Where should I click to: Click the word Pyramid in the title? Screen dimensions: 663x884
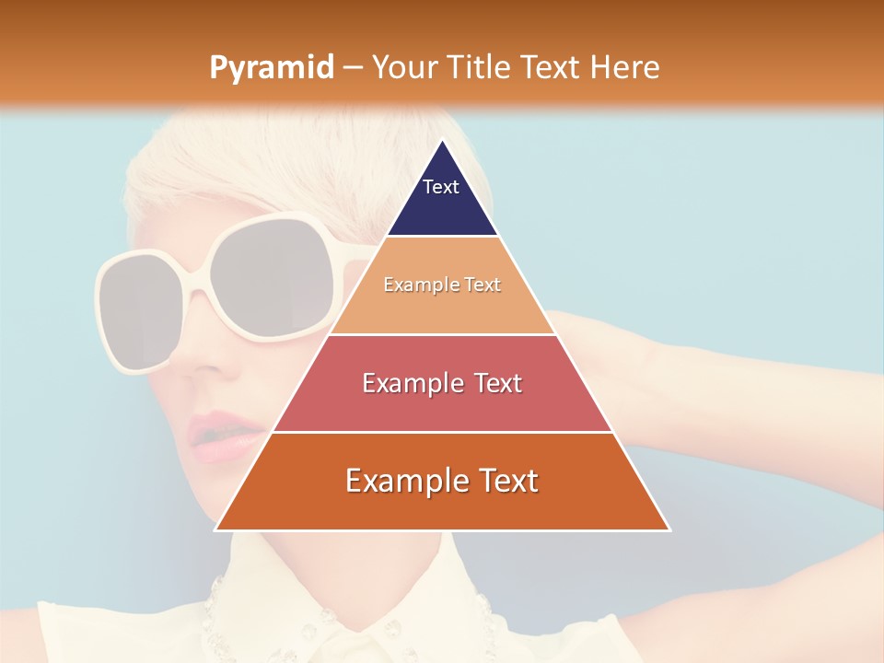pos(271,68)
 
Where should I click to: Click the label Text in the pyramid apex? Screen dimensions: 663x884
pos(441,187)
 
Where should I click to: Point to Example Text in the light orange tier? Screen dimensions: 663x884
pos(442,285)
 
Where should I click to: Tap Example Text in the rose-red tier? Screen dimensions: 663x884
pos(442,383)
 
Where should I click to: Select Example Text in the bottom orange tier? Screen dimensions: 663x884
pos(442,481)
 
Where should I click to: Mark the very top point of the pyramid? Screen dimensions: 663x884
pos(443,141)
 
